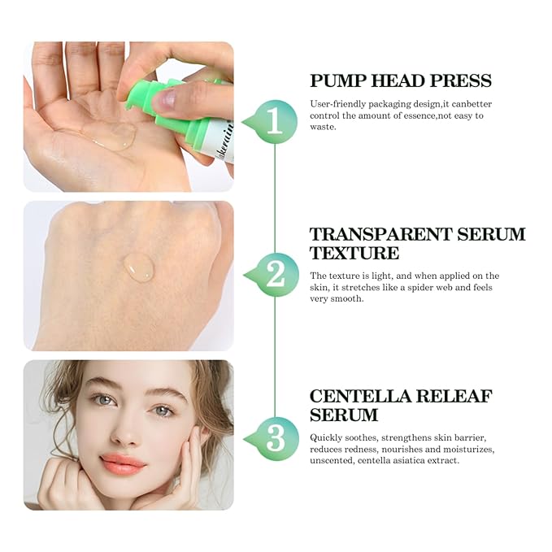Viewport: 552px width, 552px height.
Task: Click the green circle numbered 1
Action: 275,121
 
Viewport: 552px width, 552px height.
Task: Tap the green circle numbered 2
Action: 275,274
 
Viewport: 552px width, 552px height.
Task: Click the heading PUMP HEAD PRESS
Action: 400,80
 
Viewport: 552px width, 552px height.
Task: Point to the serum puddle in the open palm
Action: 114,137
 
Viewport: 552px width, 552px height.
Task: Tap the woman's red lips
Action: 124,464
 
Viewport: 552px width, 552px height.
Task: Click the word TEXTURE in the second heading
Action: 354,253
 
